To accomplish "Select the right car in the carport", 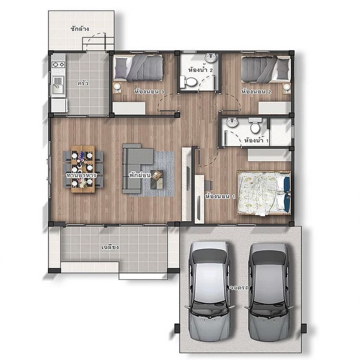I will (269, 286).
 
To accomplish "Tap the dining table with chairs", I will (83, 168).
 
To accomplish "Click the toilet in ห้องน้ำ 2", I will (191, 83).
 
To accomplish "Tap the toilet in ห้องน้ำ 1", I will (255, 126).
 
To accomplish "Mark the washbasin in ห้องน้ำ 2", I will (210, 58).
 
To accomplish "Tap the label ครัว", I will (83, 83).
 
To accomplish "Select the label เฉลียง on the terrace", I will (110, 247).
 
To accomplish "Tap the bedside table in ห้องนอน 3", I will (117, 87).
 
